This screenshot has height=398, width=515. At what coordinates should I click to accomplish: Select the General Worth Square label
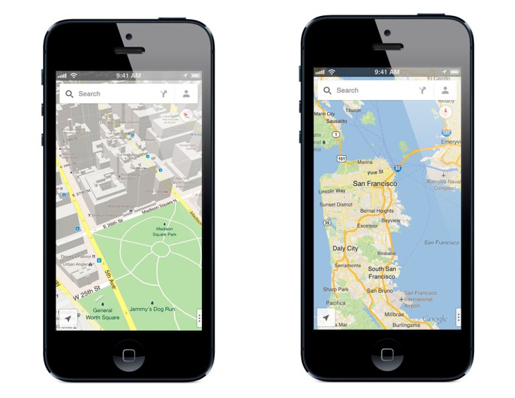coord(102,313)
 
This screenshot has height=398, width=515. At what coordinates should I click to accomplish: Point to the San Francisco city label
coord(375,183)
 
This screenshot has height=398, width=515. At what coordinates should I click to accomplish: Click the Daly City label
coord(345,248)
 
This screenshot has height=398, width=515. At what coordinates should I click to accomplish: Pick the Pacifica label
coord(335,303)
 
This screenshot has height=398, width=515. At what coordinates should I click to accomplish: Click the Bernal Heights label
coord(378,211)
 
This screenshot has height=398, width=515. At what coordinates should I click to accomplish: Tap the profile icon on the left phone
coord(186,94)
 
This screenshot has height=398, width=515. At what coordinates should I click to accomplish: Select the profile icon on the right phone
coord(445,90)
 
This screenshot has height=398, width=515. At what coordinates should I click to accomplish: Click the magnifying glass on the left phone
coord(70,94)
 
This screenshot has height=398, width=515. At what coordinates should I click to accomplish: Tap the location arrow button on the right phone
coord(326,317)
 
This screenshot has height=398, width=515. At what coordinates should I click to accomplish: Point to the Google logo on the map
coord(435,319)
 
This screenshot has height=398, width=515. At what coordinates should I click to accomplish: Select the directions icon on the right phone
coord(422,90)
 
